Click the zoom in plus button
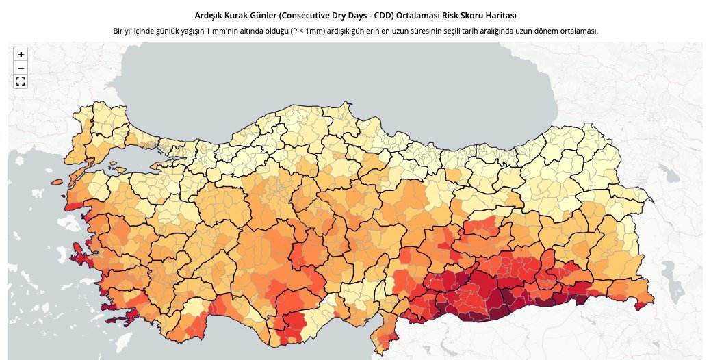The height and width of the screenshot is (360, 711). point(21,54)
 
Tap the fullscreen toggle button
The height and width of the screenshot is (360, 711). point(21,81)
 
